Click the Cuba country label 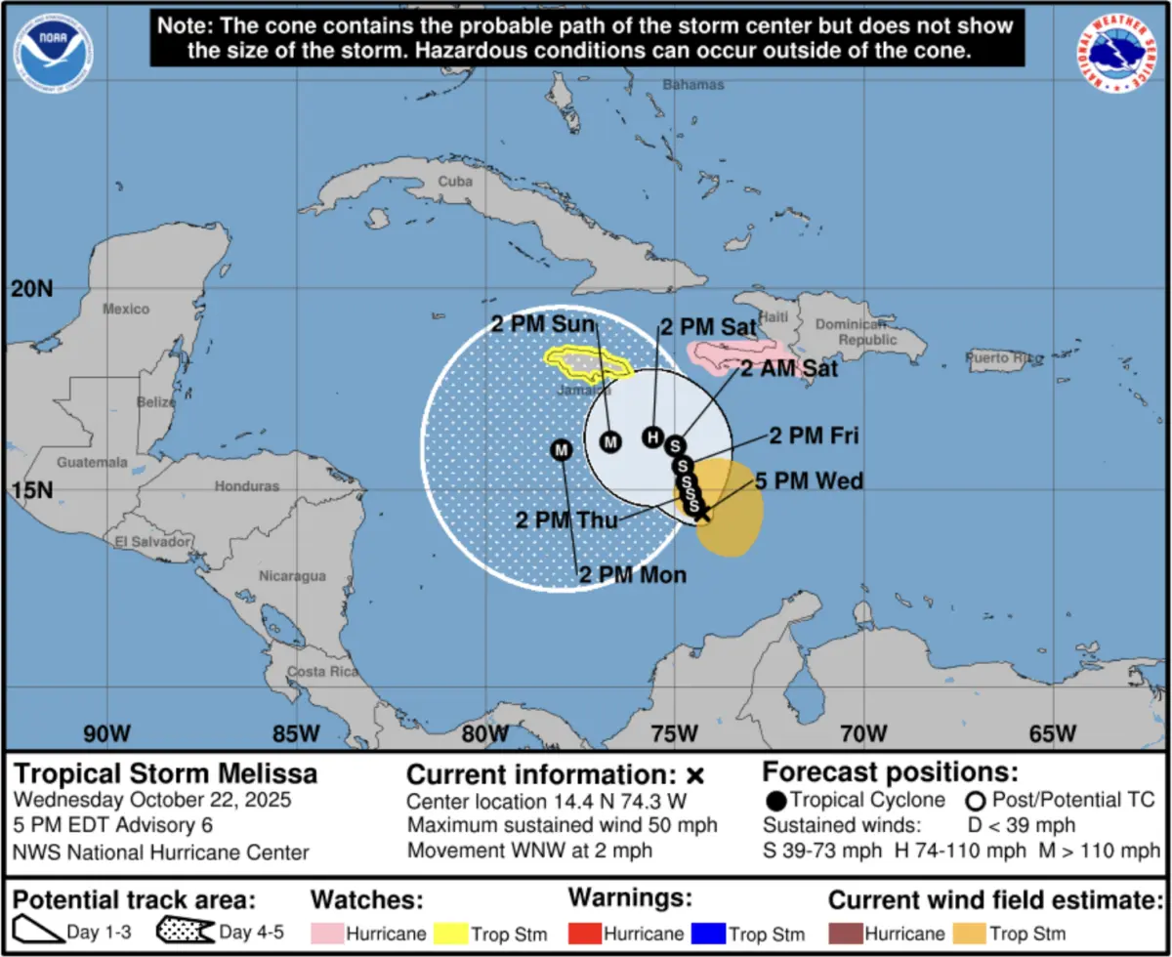[454, 182]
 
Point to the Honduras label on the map [247, 485]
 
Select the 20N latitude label [31, 288]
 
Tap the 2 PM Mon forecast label [633, 575]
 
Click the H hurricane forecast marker [652, 437]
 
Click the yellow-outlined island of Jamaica [586, 363]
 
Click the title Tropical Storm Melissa [165, 774]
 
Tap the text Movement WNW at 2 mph [529, 850]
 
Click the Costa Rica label [318, 674]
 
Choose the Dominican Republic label [855, 332]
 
